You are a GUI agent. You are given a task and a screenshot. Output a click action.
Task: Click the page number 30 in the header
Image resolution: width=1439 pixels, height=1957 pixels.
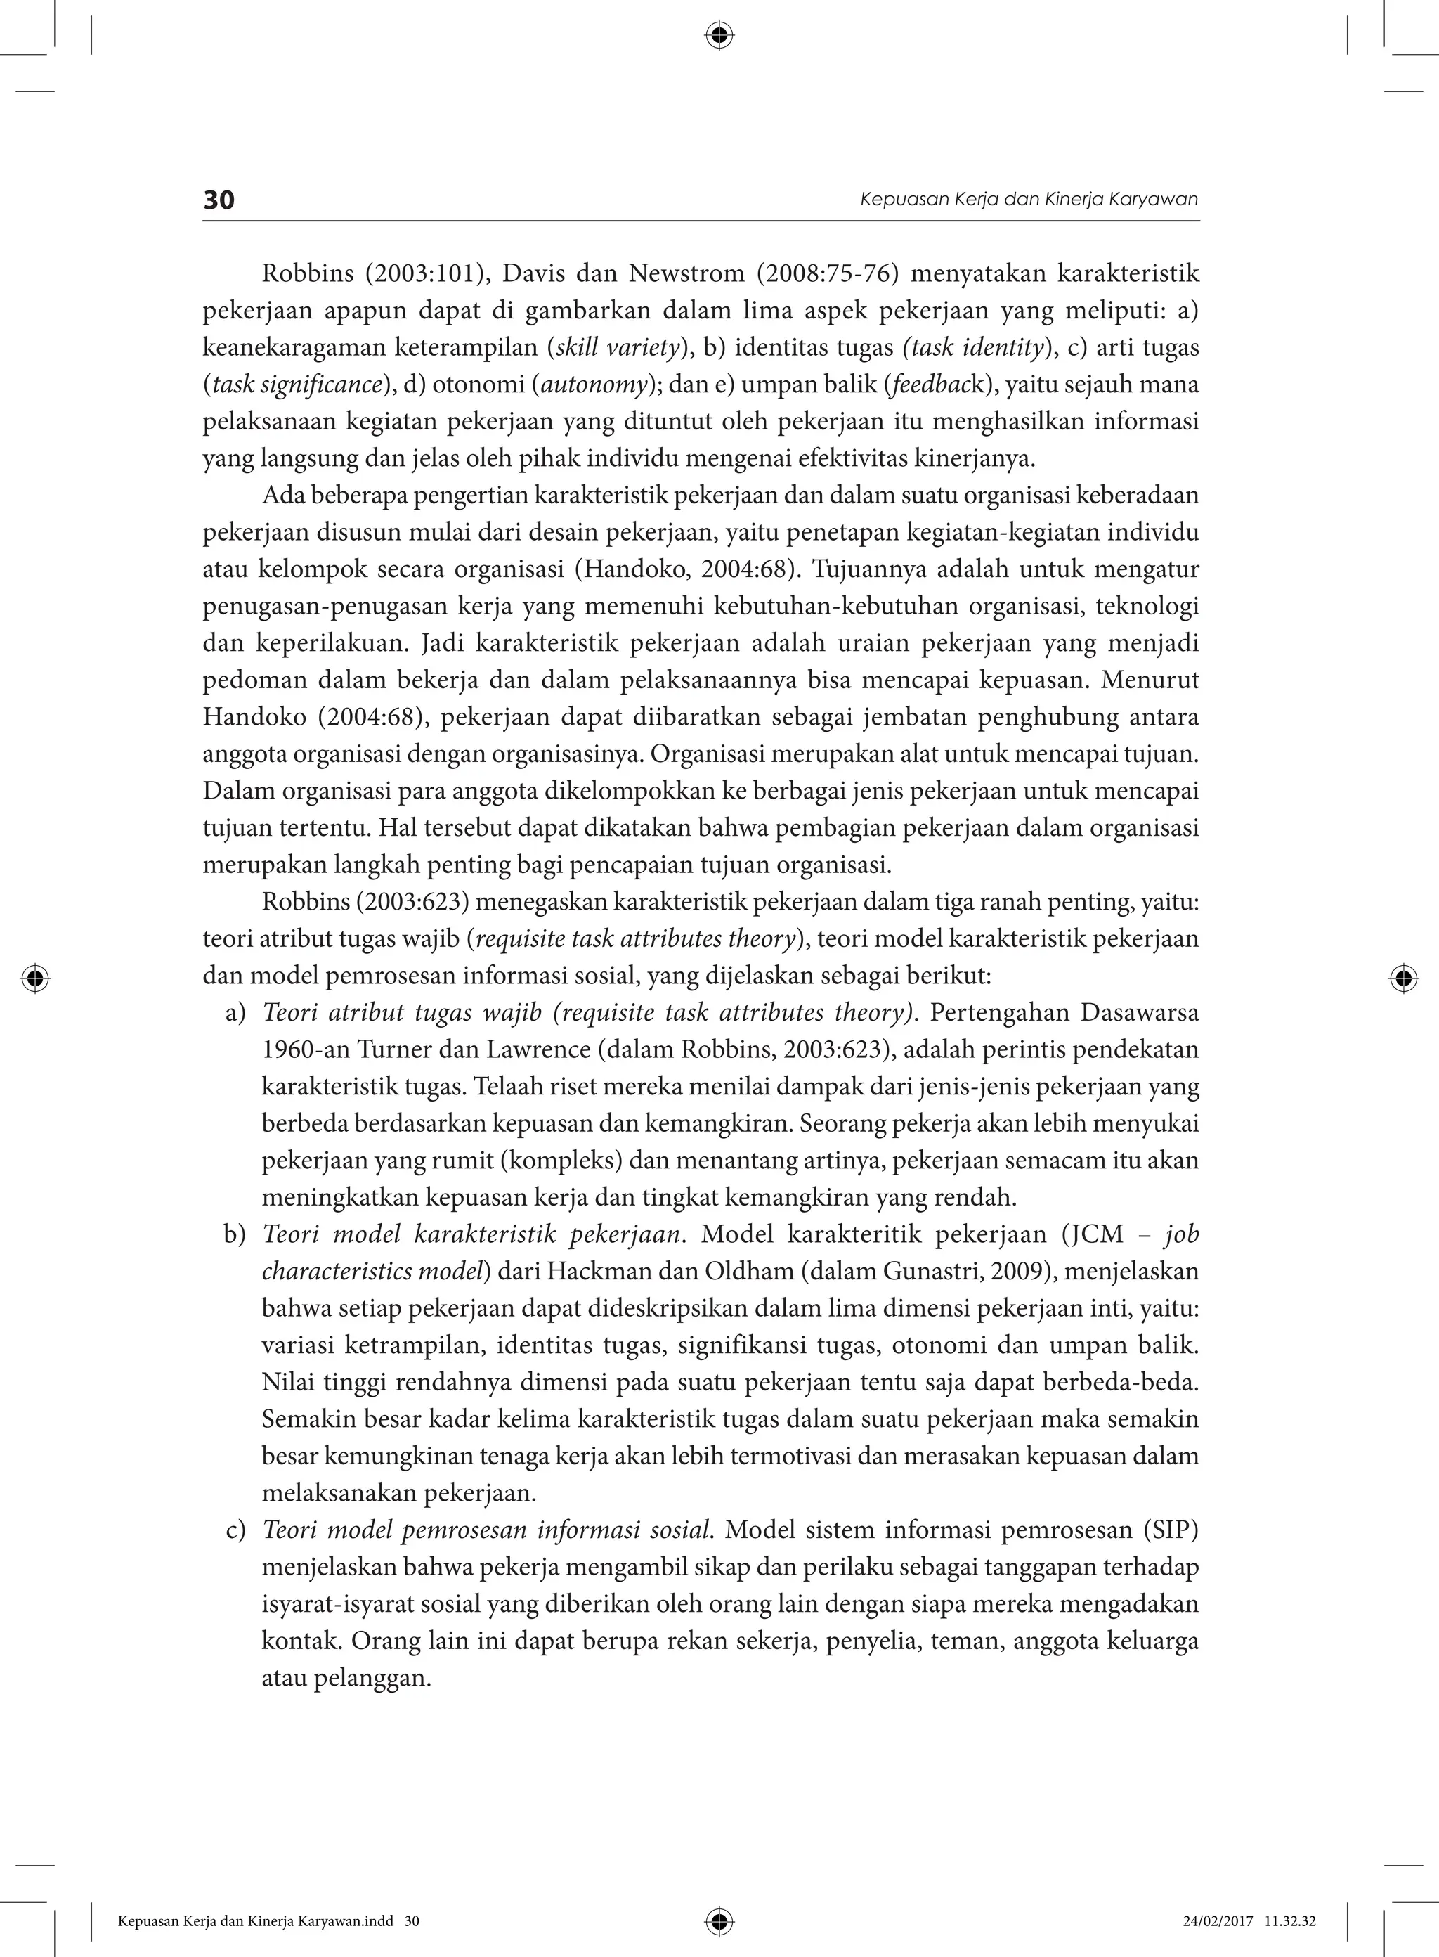219,200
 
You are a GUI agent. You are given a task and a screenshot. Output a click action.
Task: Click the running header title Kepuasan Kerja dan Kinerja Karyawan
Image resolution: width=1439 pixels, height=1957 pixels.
1029,200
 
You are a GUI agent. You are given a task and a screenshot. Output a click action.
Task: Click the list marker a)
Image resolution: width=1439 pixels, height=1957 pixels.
235,1014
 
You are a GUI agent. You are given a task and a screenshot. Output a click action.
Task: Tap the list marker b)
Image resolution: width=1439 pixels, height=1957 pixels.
235,1234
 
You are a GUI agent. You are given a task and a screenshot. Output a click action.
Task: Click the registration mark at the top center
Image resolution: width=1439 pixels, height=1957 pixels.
719,36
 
